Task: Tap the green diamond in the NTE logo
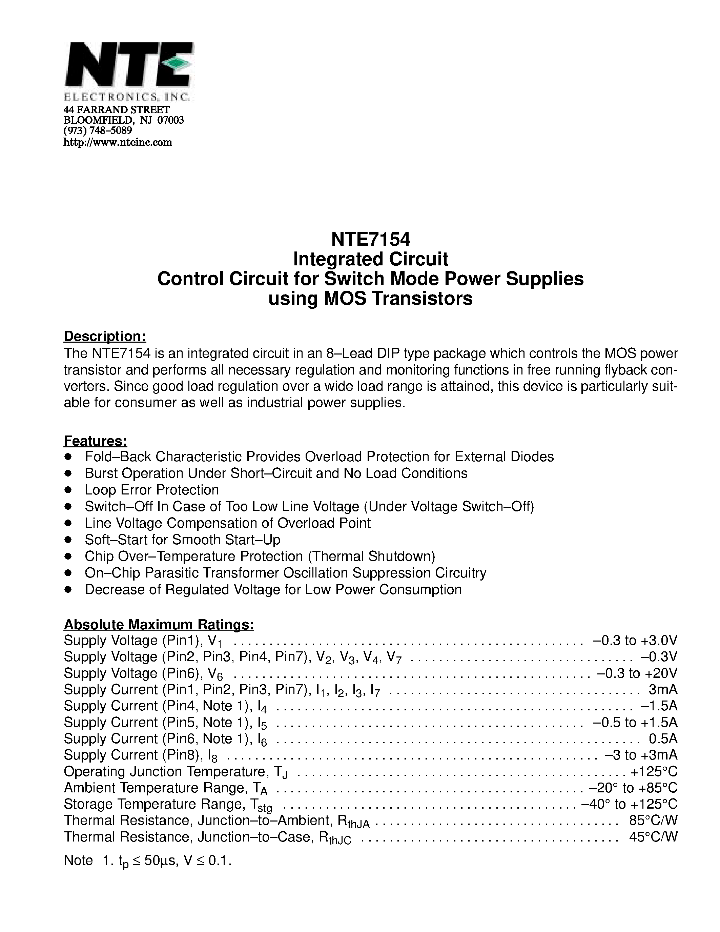pos(175,63)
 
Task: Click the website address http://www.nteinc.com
pos(118,143)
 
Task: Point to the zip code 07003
pos(171,120)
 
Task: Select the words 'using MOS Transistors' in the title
pos(370,298)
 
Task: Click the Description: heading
pos(105,336)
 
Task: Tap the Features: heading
pos(96,440)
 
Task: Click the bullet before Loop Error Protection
pos(68,490)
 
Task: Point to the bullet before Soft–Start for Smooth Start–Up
pos(68,540)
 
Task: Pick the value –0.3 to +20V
pos(637,673)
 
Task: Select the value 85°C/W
pos(653,820)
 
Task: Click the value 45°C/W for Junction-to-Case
pos(653,837)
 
